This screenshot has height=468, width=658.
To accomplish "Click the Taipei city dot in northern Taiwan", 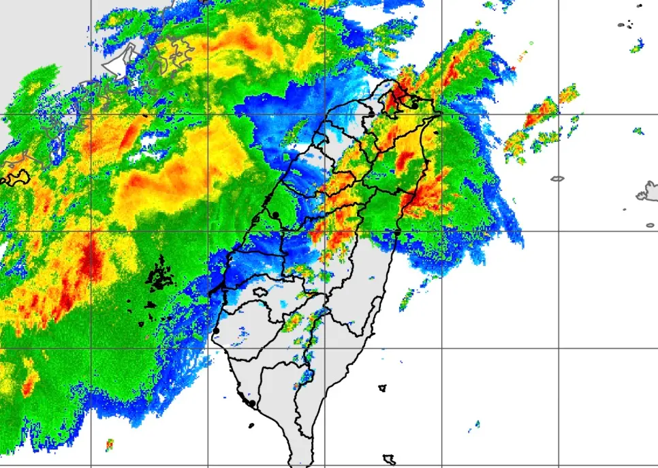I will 414,106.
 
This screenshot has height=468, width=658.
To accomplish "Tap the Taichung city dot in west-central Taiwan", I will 275,215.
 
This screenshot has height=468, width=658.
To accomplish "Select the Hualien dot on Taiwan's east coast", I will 396,233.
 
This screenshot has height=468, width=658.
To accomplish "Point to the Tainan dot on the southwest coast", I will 216,331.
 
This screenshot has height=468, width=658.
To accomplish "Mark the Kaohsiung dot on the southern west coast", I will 252,404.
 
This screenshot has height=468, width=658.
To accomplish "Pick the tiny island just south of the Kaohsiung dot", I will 251,426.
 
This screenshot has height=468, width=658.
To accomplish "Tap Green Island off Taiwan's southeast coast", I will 382,388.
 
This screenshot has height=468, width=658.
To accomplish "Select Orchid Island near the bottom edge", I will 390,459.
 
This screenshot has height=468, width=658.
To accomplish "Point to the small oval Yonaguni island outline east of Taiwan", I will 557,179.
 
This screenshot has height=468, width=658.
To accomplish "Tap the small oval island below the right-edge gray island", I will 650,225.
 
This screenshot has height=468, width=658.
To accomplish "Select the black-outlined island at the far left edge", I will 17,177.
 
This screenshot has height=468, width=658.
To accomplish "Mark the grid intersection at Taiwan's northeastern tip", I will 441,113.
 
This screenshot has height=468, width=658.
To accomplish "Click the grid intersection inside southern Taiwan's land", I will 324,348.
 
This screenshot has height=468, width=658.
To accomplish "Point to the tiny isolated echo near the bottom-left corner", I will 109,444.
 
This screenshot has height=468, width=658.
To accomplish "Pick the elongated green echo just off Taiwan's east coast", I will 407,299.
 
